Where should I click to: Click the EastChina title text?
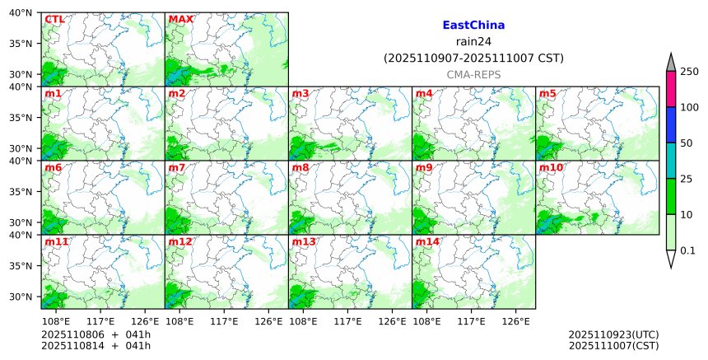[473, 26]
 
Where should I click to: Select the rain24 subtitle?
[473, 42]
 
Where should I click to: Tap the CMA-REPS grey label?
[473, 75]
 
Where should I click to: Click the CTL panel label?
[54, 19]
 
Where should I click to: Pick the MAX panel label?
[180, 19]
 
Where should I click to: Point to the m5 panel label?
[547, 94]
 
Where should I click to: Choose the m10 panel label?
[551, 168]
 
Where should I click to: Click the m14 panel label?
[427, 242]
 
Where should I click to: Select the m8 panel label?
[300, 168]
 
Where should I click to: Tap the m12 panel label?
[180, 242]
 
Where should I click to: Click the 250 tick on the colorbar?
[690, 72]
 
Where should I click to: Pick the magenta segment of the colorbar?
[670, 89]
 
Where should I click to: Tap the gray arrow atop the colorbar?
[670, 63]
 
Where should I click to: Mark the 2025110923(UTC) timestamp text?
[613, 334]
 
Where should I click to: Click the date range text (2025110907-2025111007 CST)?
[473, 58]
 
